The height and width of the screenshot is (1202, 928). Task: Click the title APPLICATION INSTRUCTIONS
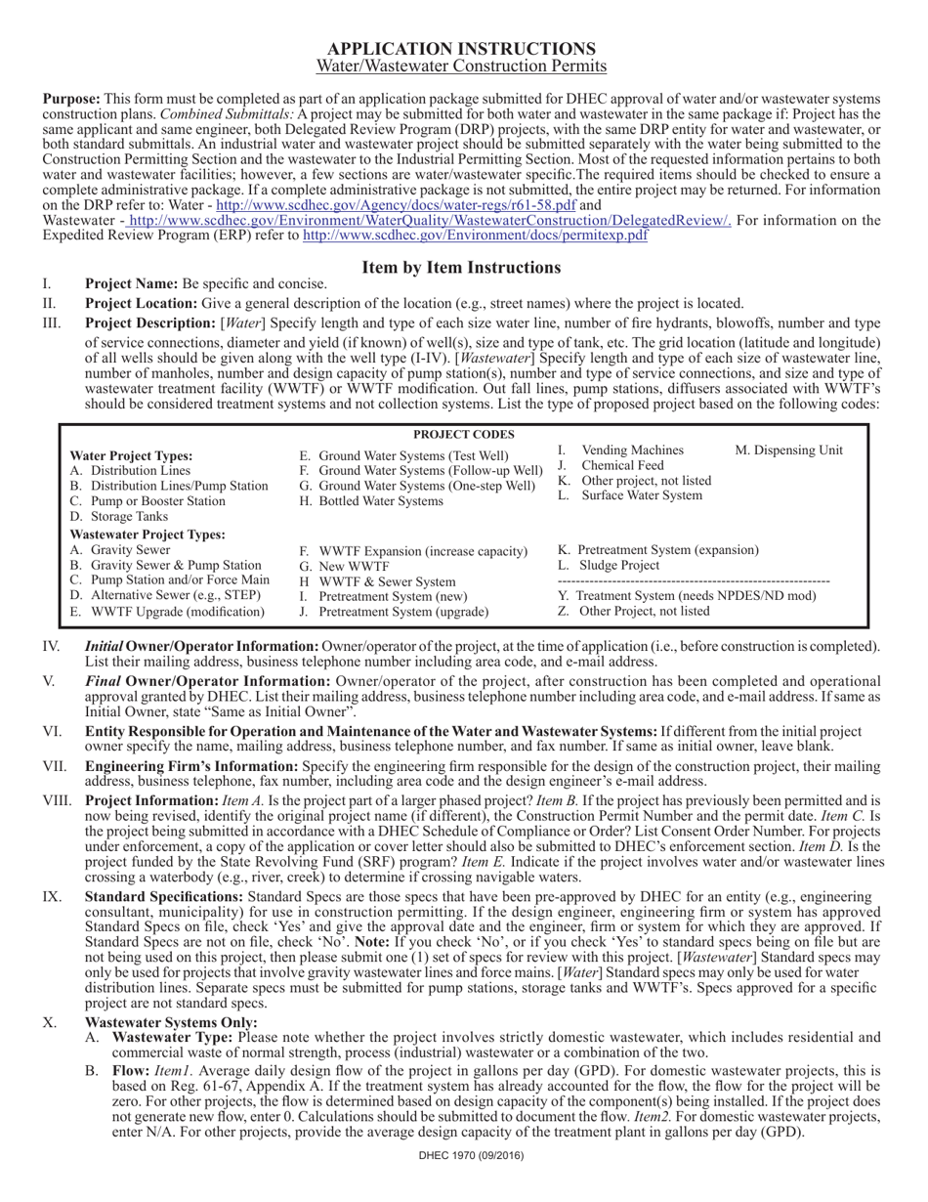[461, 49]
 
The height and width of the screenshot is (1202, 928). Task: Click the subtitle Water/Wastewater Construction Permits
[461, 66]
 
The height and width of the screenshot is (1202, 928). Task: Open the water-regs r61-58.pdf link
[396, 206]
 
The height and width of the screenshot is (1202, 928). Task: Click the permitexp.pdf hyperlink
[475, 236]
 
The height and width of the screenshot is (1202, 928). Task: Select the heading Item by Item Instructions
[461, 267]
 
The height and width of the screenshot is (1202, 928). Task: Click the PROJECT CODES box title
[463, 434]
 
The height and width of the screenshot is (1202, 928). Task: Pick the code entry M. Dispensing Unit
[788, 451]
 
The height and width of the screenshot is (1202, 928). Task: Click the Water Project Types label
[132, 456]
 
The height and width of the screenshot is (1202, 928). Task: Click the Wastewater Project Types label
[148, 535]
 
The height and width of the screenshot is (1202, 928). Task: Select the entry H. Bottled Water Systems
[371, 501]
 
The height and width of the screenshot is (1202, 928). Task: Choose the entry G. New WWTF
[344, 566]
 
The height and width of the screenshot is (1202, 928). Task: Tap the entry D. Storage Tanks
[119, 516]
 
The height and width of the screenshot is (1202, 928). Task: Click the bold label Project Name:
[131, 283]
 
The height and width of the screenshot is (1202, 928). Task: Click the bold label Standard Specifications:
[164, 896]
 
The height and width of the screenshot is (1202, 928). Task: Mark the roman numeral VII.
[55, 766]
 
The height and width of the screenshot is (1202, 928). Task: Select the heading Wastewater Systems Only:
[171, 1022]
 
